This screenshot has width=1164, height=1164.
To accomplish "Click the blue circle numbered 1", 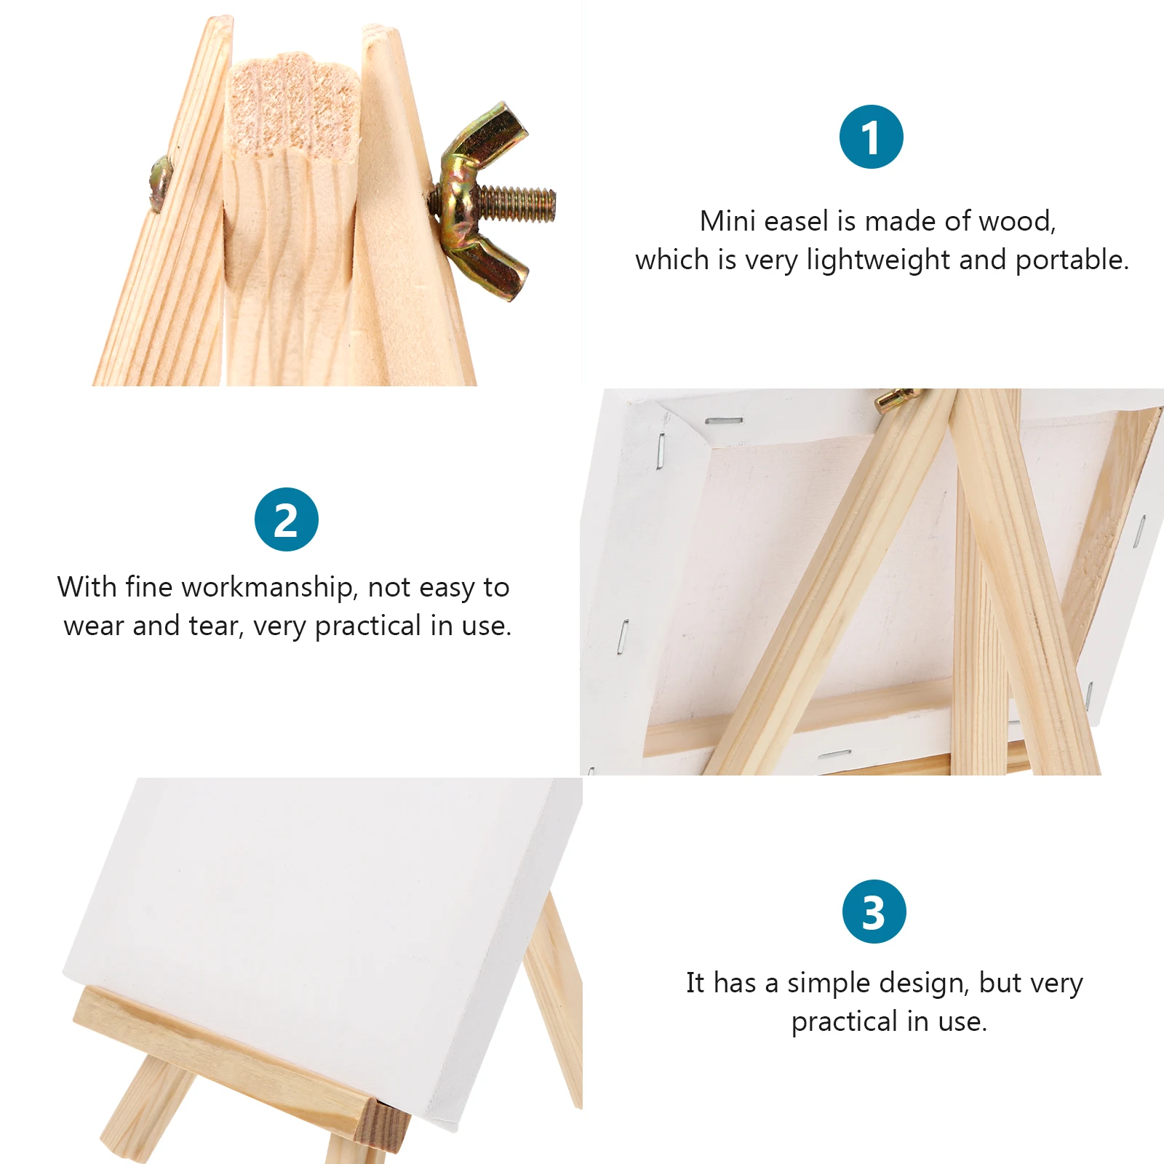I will coord(871,137).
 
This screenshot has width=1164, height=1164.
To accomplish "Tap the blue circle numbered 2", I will coord(287,519).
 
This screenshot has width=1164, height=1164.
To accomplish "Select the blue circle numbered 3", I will coord(874,911).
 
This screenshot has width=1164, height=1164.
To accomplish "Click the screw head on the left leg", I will coord(160,182).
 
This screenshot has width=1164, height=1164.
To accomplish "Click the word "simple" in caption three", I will coord(829,983).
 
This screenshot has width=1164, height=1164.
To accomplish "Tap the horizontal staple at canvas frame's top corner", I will coord(724,420).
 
